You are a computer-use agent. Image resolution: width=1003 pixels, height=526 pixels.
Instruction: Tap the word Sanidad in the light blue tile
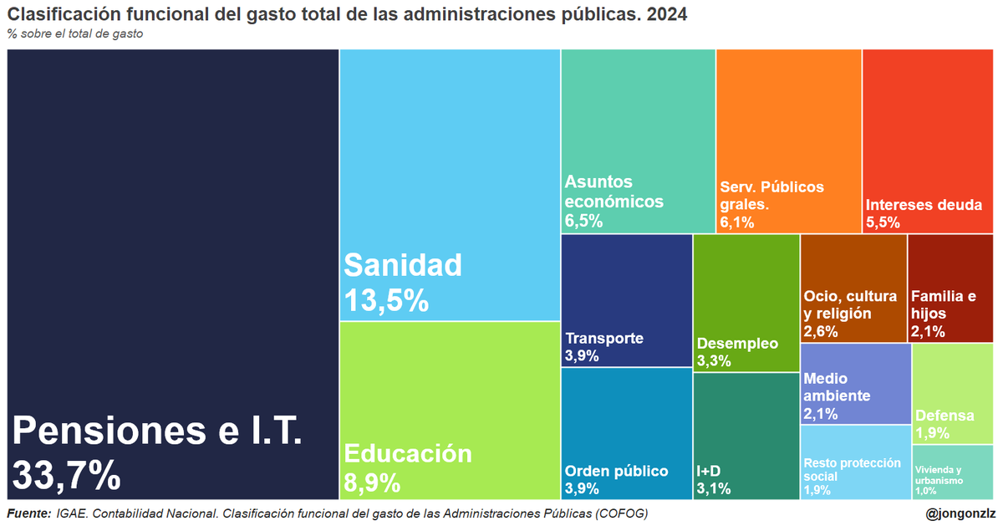(x=403, y=266)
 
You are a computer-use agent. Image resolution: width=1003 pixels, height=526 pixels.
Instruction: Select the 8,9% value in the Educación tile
(x=372, y=483)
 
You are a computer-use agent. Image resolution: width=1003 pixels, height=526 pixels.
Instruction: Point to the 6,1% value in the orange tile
(x=737, y=222)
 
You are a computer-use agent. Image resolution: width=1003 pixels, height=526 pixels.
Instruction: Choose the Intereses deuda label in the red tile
(x=924, y=203)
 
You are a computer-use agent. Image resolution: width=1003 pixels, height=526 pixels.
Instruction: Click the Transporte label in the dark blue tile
(x=604, y=339)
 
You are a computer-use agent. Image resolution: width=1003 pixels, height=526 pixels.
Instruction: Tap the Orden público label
(x=616, y=471)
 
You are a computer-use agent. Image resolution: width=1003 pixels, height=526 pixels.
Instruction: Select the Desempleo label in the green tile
(x=736, y=344)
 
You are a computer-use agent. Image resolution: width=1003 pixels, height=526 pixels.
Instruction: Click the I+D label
(x=710, y=471)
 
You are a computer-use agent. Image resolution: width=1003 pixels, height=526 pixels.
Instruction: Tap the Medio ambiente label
(x=837, y=387)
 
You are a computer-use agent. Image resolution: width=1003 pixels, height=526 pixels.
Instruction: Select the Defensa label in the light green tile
(x=944, y=416)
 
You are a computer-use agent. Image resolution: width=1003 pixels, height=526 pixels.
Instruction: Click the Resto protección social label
(x=852, y=469)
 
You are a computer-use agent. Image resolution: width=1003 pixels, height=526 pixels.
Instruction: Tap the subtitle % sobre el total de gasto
(x=75, y=34)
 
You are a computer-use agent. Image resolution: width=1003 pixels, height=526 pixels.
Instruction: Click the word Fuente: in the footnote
(x=28, y=513)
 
